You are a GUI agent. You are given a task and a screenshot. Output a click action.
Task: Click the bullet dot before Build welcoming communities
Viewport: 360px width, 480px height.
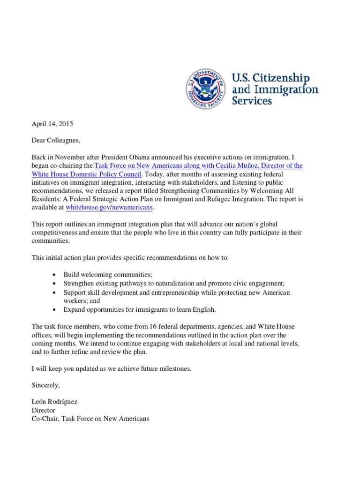coord(55,276)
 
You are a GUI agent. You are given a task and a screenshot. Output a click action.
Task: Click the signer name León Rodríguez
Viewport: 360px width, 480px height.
coord(55,402)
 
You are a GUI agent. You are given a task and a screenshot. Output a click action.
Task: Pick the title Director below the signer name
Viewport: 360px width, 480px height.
coord(43,410)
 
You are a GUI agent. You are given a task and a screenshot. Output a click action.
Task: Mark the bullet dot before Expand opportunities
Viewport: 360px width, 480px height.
coord(55,309)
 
